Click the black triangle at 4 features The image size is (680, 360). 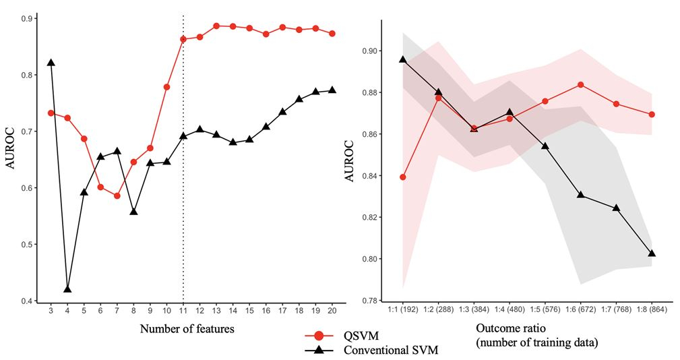67,289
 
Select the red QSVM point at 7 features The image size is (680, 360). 117,196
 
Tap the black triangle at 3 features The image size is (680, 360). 51,63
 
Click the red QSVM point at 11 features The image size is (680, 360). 183,39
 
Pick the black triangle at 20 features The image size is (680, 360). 332,90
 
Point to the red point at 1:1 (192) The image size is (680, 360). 403,177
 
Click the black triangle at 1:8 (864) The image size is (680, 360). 652,253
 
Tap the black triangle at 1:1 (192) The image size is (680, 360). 403,59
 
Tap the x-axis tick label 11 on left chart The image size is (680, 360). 183,312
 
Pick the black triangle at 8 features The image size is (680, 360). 133,212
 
